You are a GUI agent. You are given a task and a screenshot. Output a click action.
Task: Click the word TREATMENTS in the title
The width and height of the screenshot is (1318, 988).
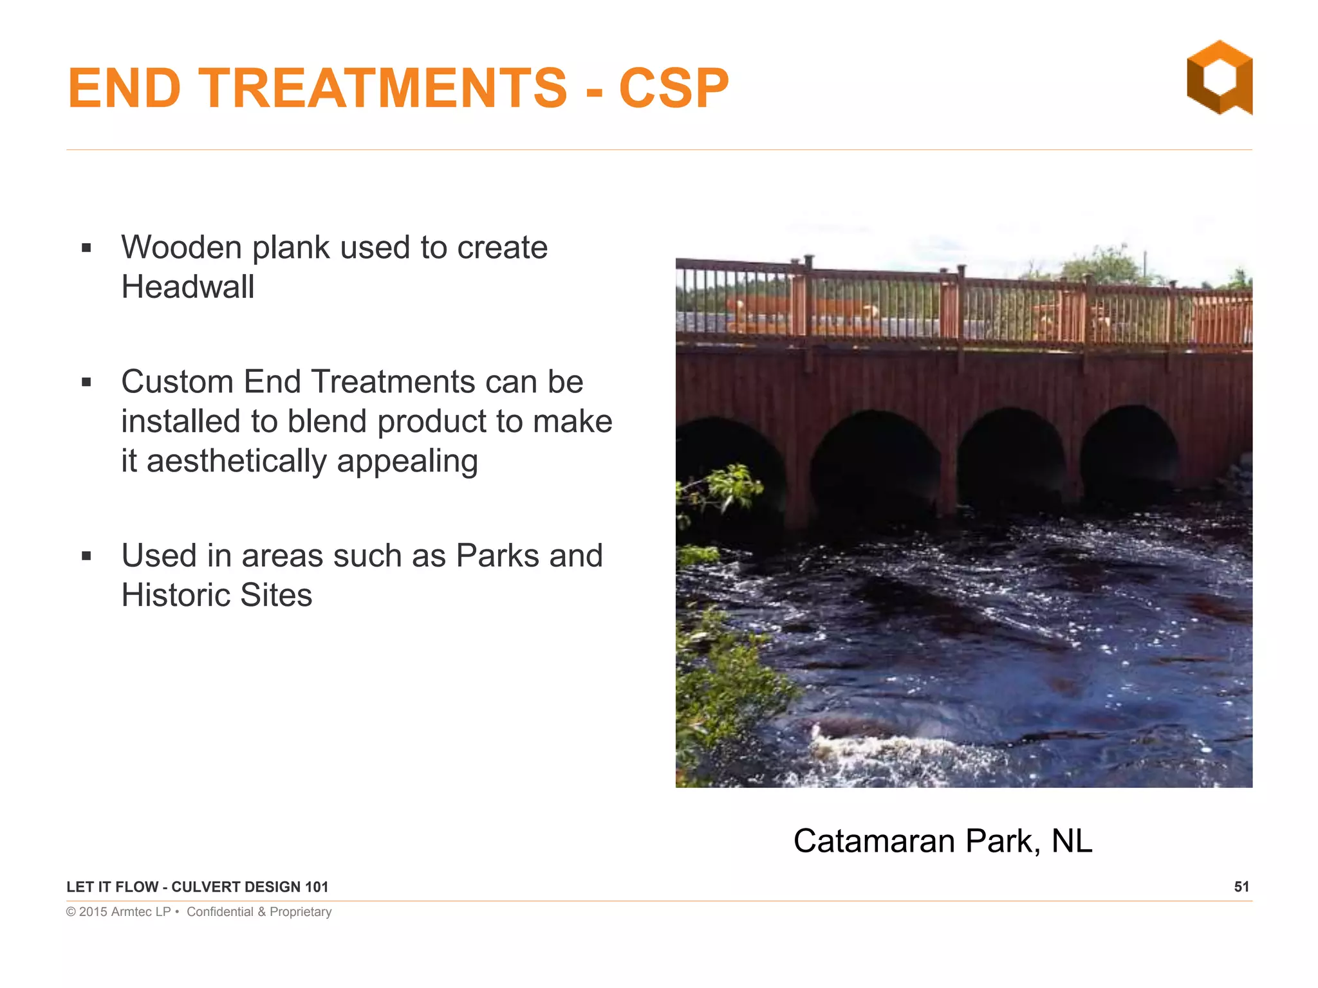(x=382, y=88)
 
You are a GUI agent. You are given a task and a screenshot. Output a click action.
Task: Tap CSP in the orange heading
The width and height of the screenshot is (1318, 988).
(x=673, y=88)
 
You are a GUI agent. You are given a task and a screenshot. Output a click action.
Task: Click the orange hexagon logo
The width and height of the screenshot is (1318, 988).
(x=1219, y=78)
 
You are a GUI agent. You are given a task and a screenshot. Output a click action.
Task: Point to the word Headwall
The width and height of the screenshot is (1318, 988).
(x=187, y=287)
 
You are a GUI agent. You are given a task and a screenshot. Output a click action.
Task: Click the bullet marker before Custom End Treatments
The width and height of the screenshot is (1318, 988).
(x=87, y=383)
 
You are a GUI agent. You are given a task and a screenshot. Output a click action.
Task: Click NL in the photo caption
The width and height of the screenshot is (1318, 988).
(x=1072, y=841)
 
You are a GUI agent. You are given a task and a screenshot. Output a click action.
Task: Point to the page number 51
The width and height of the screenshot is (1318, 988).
(x=1241, y=887)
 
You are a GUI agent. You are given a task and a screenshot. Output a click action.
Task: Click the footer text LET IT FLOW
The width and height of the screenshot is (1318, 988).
(x=112, y=887)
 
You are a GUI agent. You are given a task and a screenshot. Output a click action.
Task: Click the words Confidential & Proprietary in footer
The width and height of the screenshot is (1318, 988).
(x=259, y=912)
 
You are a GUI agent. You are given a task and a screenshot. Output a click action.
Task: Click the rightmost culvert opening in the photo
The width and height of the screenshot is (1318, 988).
(x=1129, y=450)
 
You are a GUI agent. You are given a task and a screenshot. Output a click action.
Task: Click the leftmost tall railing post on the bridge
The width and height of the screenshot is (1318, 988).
(x=808, y=302)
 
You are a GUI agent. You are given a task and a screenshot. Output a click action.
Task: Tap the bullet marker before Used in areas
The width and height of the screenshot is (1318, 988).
(x=87, y=556)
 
